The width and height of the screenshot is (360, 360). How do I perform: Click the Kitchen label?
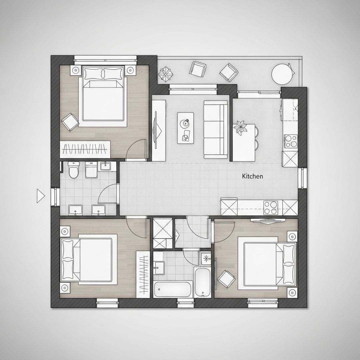253,176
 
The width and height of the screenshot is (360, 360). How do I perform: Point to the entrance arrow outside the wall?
40,196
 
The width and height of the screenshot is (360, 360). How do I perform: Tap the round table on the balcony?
282,74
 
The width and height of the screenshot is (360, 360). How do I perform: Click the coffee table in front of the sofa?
185,128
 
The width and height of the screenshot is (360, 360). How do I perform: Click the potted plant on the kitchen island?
240,128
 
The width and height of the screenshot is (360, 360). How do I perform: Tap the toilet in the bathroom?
74,170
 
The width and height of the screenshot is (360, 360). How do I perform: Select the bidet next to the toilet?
91,170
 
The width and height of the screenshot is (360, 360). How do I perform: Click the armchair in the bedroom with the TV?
226,279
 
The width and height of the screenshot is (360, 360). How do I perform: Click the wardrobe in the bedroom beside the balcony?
85,149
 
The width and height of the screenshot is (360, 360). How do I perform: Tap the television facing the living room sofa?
157,130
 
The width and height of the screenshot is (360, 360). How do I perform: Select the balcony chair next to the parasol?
198,69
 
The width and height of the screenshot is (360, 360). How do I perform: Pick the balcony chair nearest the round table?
228,73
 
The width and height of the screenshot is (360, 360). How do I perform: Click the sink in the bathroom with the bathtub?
159,268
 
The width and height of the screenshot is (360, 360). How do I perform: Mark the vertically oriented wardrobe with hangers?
143,274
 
